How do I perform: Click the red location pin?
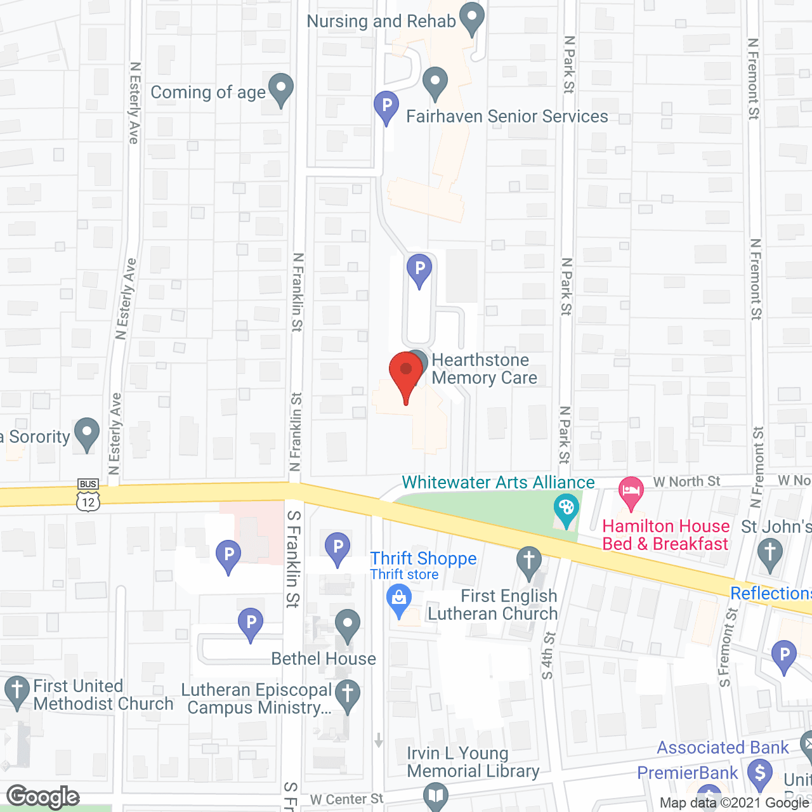(x=406, y=374)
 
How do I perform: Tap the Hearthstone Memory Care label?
(x=484, y=369)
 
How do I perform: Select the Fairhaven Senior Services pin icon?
(x=435, y=83)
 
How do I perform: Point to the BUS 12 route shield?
(x=88, y=495)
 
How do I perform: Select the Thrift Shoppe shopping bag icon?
(x=399, y=600)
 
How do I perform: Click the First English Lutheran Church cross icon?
(x=528, y=562)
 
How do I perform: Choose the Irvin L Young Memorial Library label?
(x=473, y=762)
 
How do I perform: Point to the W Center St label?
(x=347, y=799)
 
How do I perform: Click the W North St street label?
(x=687, y=481)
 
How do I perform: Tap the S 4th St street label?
(x=548, y=655)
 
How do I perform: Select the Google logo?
(x=43, y=796)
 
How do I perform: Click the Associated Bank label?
(x=723, y=748)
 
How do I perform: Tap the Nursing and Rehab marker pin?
(x=471, y=18)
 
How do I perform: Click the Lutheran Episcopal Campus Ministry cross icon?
(x=347, y=696)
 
